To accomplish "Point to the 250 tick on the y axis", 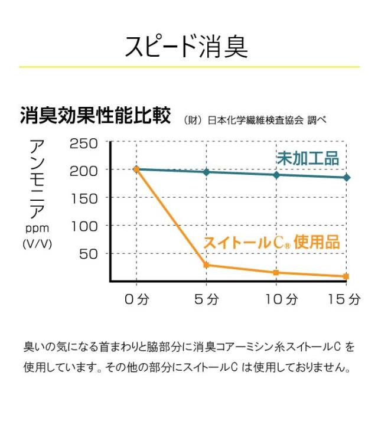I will [x=84, y=143].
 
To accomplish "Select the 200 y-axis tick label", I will [x=84, y=171].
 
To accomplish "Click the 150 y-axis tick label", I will [x=84, y=198].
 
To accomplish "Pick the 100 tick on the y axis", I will [x=84, y=226].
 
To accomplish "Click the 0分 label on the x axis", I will [x=137, y=299].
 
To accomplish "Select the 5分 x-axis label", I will [x=206, y=299].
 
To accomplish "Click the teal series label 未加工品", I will [x=308, y=158].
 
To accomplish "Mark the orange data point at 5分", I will [x=206, y=265].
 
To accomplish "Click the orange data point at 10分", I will [x=276, y=272].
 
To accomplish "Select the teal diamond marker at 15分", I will [x=347, y=177].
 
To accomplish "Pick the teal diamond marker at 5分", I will [x=206, y=172].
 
